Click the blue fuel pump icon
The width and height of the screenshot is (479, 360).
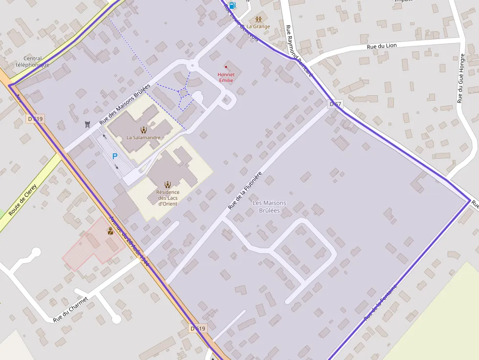click(x=232, y=5)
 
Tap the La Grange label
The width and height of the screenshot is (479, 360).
click(x=258, y=26)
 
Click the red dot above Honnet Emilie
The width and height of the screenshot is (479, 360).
click(x=226, y=67)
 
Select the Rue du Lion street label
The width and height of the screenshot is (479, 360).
click(x=382, y=45)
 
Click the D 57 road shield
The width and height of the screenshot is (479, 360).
click(x=335, y=104)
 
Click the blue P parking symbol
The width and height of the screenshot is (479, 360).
click(x=115, y=156)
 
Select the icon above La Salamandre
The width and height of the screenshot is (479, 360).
click(x=143, y=129)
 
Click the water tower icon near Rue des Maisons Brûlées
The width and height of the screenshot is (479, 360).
click(x=87, y=124)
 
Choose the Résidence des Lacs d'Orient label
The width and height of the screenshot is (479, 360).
click(x=168, y=197)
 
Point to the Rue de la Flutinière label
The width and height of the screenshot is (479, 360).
click(x=245, y=191)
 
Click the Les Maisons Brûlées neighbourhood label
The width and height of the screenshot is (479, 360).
click(x=269, y=207)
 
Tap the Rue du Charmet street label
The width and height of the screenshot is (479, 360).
click(x=71, y=309)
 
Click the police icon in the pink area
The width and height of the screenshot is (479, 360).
click(x=111, y=231)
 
